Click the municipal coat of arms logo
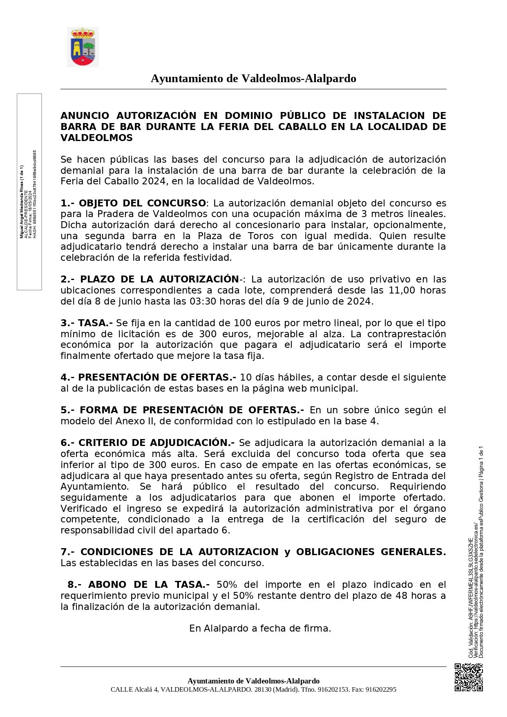tap(83, 47)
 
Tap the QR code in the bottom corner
tap(469, 677)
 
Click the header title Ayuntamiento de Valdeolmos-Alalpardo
tap(253, 78)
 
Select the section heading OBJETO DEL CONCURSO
tap(142, 203)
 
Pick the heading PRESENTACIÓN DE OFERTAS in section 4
tap(155, 377)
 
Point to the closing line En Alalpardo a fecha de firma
tap(260, 628)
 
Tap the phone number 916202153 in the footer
tap(333, 690)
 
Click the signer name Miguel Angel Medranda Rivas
tap(22, 202)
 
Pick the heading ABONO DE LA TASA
tap(146, 585)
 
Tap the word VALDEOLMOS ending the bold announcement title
tap(96, 138)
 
